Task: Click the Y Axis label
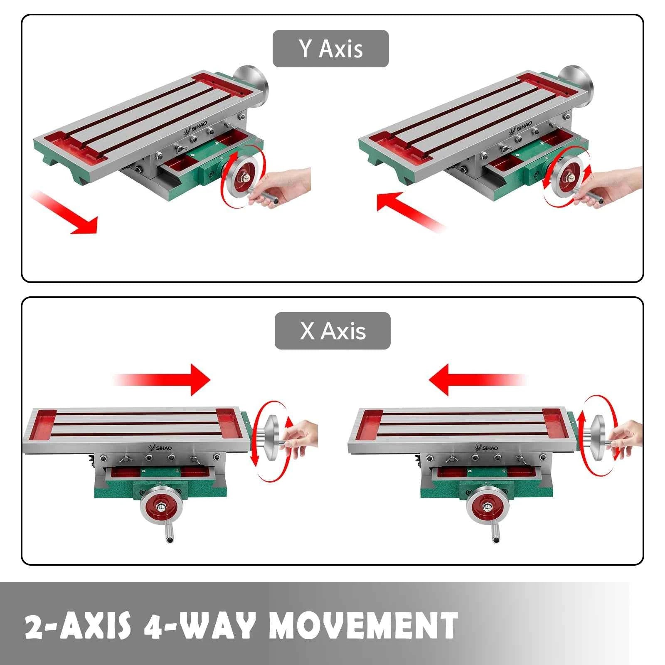click(330, 49)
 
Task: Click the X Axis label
click(332, 331)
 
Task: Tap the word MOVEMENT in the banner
click(363, 625)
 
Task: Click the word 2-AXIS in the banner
click(78, 625)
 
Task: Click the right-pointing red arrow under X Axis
click(162, 379)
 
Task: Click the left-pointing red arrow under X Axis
click(478, 379)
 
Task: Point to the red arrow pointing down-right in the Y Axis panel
click(64, 212)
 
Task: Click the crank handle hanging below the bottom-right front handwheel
click(495, 532)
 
